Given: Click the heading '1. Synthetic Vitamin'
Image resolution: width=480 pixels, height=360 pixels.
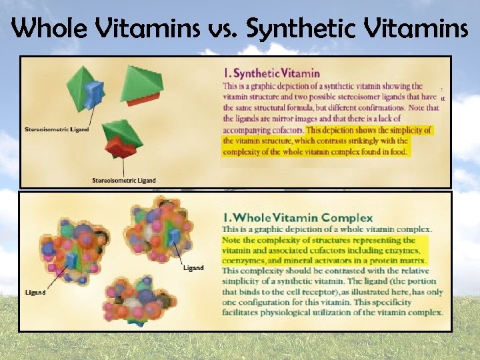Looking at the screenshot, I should [x=271, y=73].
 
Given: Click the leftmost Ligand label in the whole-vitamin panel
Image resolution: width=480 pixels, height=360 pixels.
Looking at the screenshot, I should [x=35, y=292].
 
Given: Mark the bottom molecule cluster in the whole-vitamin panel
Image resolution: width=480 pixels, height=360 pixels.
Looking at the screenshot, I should [x=137, y=299].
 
